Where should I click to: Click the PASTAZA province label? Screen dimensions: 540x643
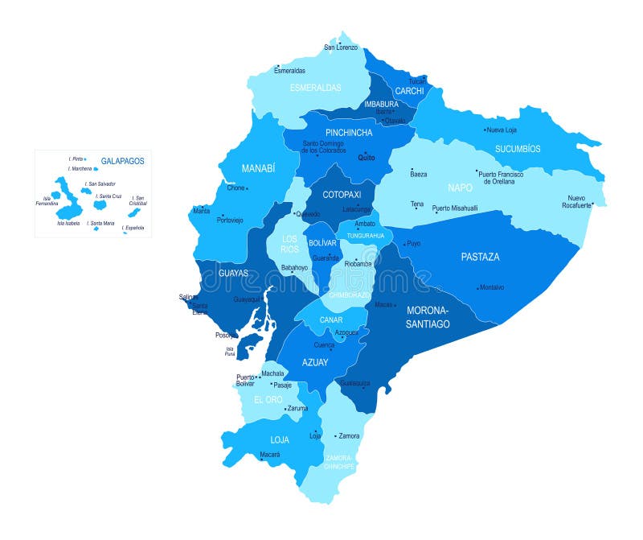point(480,257)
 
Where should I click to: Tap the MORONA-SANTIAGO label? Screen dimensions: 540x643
point(428,317)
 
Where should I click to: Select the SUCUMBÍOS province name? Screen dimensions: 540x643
point(518,149)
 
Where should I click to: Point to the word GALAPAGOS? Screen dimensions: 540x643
point(122,161)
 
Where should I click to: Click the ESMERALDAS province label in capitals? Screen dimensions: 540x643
point(316,87)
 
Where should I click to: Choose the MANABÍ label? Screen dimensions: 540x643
point(258,169)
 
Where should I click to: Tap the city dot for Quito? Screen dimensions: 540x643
point(365,153)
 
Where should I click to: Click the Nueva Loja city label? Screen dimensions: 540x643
point(502,130)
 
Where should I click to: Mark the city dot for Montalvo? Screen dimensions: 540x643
point(478,287)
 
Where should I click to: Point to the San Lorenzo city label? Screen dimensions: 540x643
point(341,47)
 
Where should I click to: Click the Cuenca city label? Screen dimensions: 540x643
point(324,344)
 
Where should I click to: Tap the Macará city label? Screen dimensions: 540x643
point(269,455)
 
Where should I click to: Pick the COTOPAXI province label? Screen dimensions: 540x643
point(342,194)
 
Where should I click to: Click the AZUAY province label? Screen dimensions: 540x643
point(315,362)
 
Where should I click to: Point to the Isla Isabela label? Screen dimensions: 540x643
point(68,223)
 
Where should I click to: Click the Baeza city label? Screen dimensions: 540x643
point(419,174)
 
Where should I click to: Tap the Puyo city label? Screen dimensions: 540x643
point(413,243)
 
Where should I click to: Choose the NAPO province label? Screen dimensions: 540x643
point(460,188)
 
